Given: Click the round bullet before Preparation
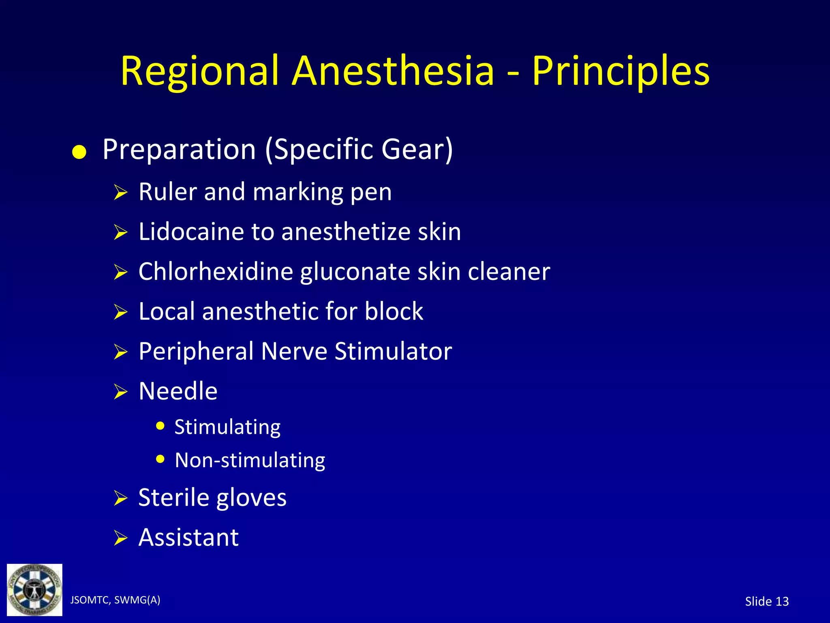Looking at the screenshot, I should pyautogui.click(x=79, y=153).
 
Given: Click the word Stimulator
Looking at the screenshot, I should pyautogui.click(x=393, y=351).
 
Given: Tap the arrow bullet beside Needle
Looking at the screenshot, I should pyautogui.click(x=120, y=392).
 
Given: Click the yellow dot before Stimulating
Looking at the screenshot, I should pyautogui.click(x=160, y=426).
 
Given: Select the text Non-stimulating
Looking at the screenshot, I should pyautogui.click(x=250, y=460).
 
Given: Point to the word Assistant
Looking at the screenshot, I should pyautogui.click(x=188, y=537).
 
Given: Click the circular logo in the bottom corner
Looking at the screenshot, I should pyautogui.click(x=34, y=590).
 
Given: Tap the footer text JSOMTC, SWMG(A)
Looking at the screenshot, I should pyautogui.click(x=115, y=600).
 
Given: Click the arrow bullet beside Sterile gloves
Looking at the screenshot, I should pyautogui.click(x=120, y=498).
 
